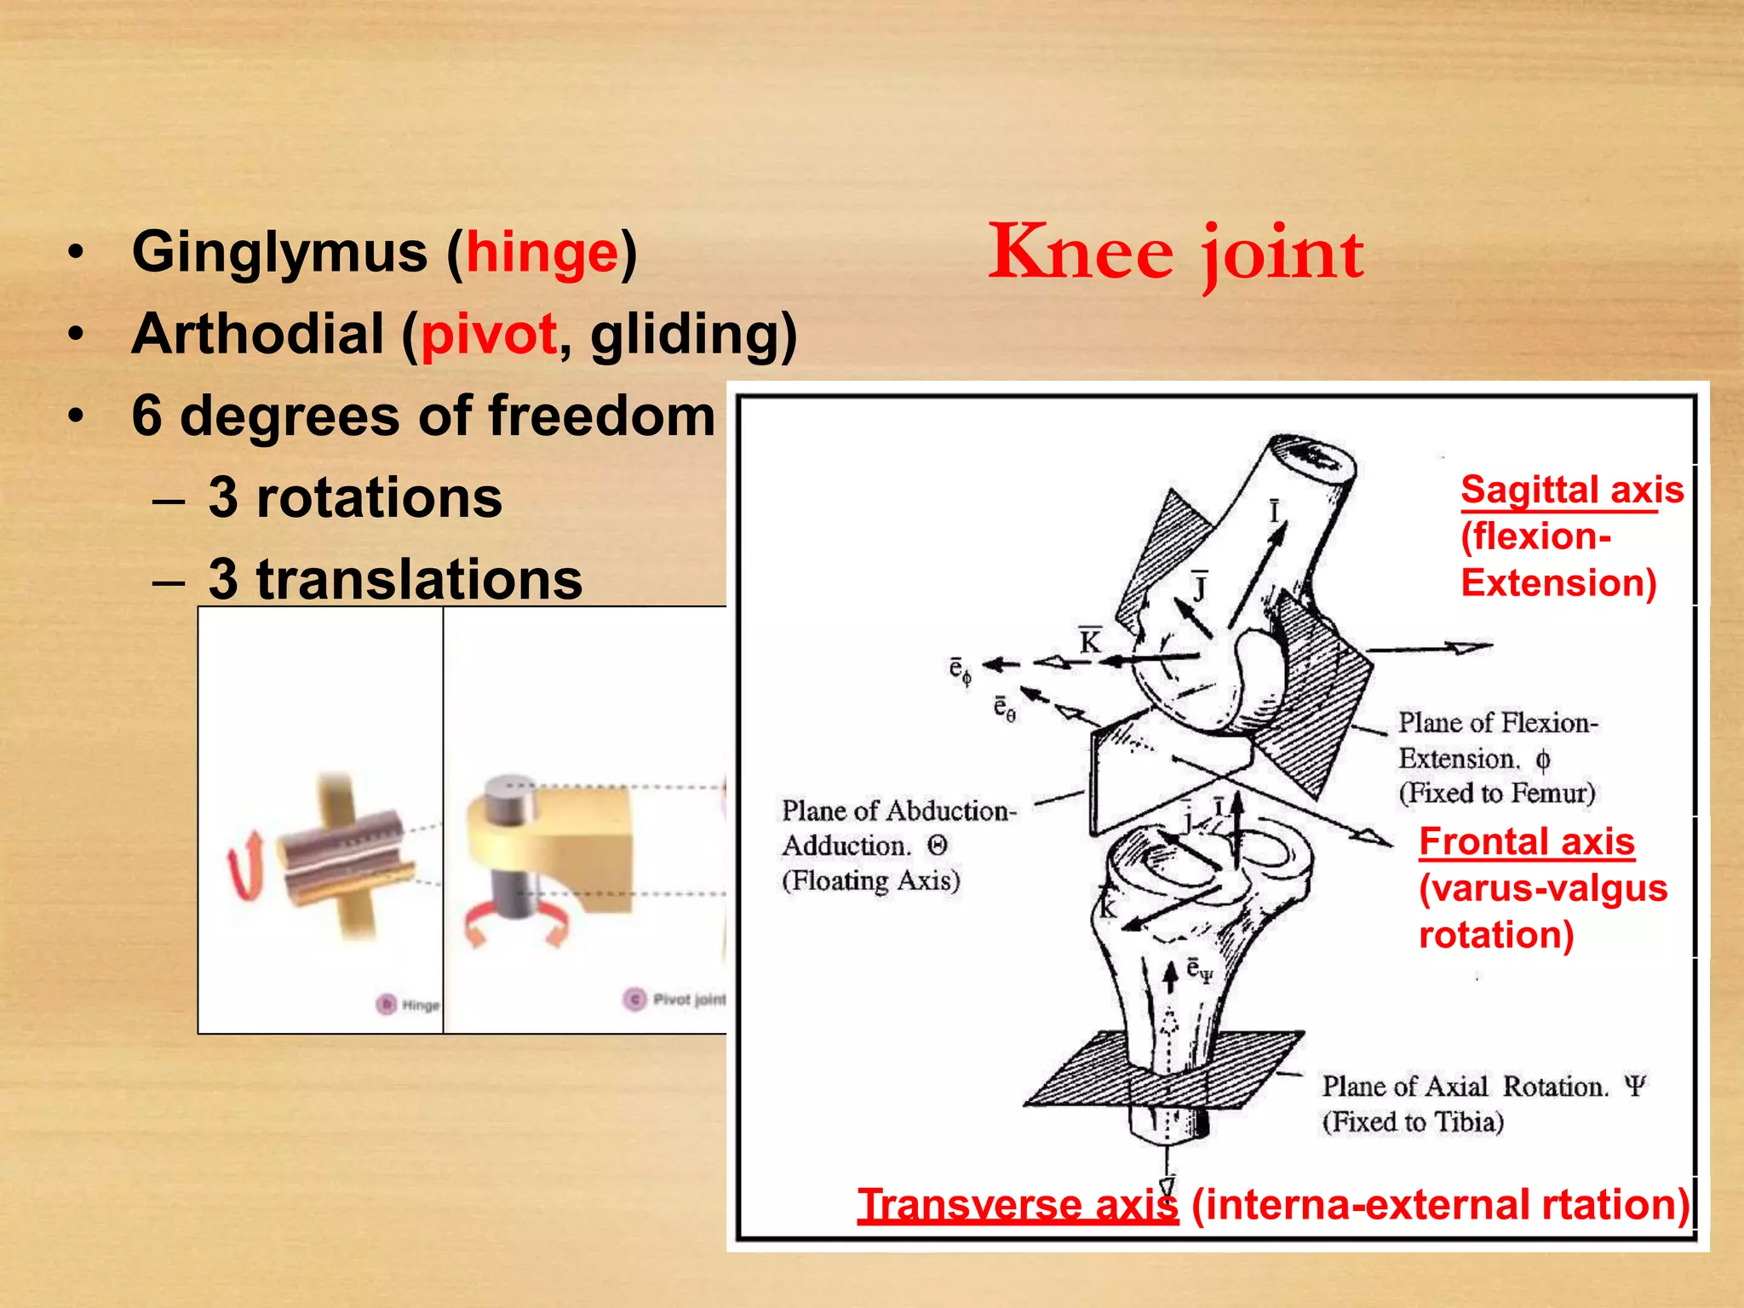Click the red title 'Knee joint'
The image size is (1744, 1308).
(1176, 253)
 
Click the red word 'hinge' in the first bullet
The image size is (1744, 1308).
(542, 254)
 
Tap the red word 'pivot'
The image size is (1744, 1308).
(489, 334)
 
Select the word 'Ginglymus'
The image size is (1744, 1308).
(279, 254)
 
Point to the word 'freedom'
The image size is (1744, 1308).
(601, 416)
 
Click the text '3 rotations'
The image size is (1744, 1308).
(355, 497)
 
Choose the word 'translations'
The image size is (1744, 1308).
(419, 579)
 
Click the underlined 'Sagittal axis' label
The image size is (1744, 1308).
(1572, 490)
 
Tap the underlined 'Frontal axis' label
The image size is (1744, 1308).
(1527, 842)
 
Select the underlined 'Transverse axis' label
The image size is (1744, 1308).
(1018, 1205)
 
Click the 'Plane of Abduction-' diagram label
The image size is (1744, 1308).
(899, 811)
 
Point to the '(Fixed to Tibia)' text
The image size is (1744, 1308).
(1413, 1122)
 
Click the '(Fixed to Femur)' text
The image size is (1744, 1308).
(1496, 793)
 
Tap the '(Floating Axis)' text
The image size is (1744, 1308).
(871, 881)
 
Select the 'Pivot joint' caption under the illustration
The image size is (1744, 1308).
(689, 999)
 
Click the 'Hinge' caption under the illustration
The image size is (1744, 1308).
(420, 1005)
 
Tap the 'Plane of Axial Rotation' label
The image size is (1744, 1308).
(1465, 1087)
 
